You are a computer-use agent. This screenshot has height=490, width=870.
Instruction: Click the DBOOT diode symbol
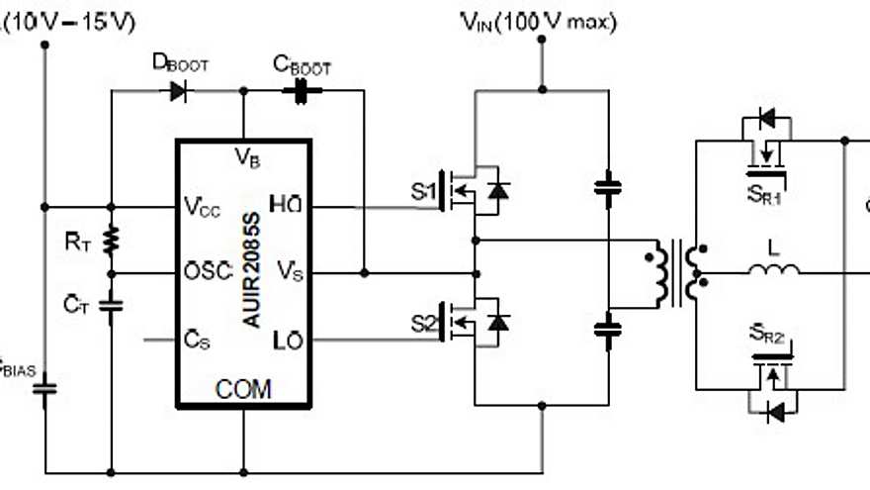pyautogui.click(x=179, y=92)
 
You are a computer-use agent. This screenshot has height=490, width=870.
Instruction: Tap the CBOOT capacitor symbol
pyautogui.click(x=298, y=92)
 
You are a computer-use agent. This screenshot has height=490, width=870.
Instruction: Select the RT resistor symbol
pyautogui.click(x=112, y=240)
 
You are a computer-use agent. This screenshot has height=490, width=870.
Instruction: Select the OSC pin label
pyautogui.click(x=206, y=272)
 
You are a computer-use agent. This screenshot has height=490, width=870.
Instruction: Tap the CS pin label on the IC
pyautogui.click(x=196, y=341)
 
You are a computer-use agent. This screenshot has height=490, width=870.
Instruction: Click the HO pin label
pyautogui.click(x=288, y=207)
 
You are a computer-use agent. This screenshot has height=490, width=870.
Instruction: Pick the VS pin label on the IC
pyautogui.click(x=289, y=272)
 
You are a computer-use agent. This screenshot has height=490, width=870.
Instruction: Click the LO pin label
pyautogui.click(x=288, y=341)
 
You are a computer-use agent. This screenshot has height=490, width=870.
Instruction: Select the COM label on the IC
pyautogui.click(x=243, y=389)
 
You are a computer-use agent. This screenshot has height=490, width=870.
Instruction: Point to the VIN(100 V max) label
pyautogui.click(x=539, y=22)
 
